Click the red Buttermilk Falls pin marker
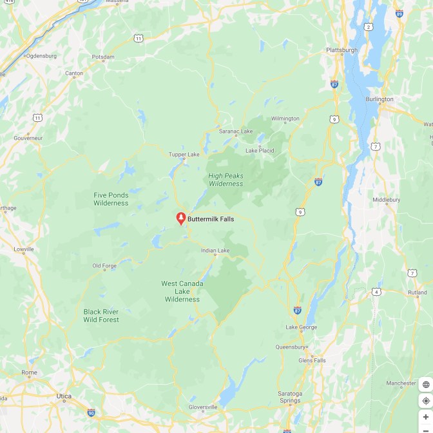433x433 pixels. click(x=181, y=218)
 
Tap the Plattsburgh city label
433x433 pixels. click(x=342, y=50)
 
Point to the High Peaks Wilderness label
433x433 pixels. click(x=226, y=179)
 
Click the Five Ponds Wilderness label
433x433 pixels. click(x=111, y=199)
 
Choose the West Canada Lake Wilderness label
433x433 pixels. click(x=182, y=291)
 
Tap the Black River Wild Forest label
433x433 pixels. click(x=101, y=316)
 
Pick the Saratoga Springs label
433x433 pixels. click(x=290, y=397)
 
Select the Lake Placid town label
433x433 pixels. click(x=260, y=150)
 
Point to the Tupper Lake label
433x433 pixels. click(x=184, y=155)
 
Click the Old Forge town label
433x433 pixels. click(x=104, y=265)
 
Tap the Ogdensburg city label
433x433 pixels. click(x=41, y=55)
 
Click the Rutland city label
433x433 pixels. click(x=417, y=293)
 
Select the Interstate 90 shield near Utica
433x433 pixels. click(x=91, y=412)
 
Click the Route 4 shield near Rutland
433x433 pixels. click(x=376, y=292)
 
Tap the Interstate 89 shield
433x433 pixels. click(x=399, y=13)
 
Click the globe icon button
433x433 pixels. click(x=425, y=385)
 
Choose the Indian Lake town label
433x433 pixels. click(x=215, y=251)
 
